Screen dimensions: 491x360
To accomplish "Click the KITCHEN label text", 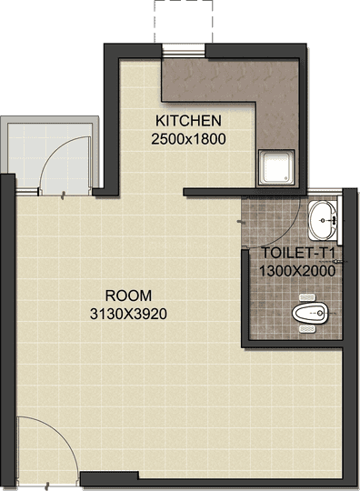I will [x=188, y=121].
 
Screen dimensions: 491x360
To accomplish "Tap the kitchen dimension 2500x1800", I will [x=188, y=139].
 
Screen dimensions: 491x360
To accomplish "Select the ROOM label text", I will [x=127, y=296].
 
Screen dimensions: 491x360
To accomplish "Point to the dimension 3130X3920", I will [x=127, y=314].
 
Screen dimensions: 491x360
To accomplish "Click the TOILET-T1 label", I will [x=298, y=253].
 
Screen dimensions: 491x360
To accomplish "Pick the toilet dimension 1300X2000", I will [x=298, y=270].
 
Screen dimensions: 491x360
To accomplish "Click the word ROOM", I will [x=127, y=296].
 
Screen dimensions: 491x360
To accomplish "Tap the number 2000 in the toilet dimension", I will [x=318, y=270].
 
